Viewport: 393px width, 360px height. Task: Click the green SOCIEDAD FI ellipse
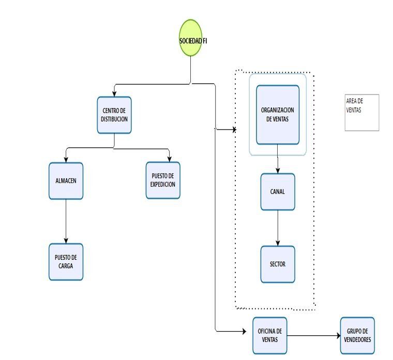click(x=190, y=38)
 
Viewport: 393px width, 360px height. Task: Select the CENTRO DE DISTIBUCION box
click(x=114, y=115)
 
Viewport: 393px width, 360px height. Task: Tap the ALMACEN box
click(x=66, y=181)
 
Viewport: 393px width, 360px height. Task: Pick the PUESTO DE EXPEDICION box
click(x=163, y=180)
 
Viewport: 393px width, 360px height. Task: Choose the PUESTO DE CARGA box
click(x=66, y=262)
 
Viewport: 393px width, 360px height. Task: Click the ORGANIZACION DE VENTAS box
click(x=278, y=115)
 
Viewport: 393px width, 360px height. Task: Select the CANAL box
click(x=278, y=192)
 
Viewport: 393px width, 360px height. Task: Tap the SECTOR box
click(x=278, y=264)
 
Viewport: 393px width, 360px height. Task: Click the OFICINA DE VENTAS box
click(x=270, y=335)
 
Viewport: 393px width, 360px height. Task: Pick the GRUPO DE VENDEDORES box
click(x=357, y=335)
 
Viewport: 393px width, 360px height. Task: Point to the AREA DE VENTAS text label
click(x=354, y=105)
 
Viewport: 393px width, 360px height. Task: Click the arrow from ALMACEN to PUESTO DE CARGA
click(x=66, y=221)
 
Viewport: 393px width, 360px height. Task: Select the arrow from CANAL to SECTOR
click(x=278, y=228)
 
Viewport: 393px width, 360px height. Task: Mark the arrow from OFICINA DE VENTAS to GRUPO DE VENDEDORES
click(x=314, y=335)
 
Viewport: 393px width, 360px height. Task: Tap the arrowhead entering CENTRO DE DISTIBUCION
click(x=114, y=94)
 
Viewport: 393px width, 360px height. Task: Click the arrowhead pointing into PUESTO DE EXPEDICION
click(x=170, y=159)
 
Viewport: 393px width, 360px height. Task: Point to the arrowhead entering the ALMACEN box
click(x=66, y=160)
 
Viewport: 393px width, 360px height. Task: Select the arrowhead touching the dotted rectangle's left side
click(x=234, y=130)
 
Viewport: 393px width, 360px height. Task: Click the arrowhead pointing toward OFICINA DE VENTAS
click(x=244, y=332)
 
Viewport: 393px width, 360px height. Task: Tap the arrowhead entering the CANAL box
click(x=278, y=170)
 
